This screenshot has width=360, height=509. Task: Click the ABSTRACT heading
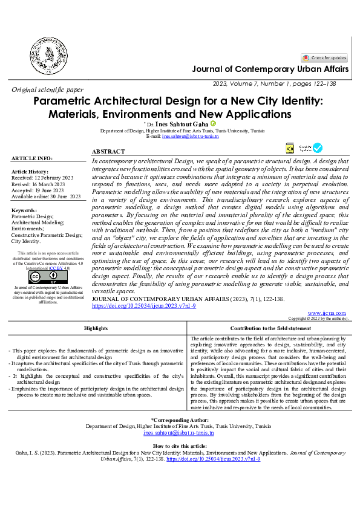coord(108,151)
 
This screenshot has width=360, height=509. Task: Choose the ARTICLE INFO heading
coord(32,158)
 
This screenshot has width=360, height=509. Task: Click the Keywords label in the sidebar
coord(24,210)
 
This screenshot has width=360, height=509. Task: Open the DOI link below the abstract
coord(143,306)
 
